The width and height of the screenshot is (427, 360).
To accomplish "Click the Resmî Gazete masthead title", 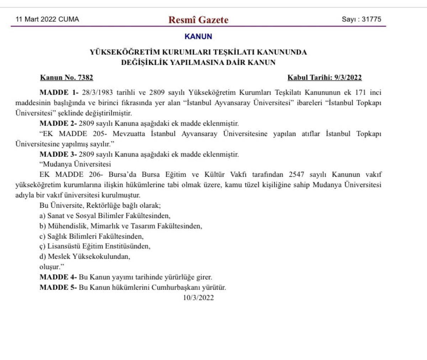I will (198, 20).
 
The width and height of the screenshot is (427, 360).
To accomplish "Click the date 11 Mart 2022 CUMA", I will (47, 19).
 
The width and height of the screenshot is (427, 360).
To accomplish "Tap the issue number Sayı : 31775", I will (361, 19).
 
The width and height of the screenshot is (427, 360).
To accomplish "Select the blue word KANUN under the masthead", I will (198, 36).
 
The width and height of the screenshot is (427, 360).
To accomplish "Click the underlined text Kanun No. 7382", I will (67, 78).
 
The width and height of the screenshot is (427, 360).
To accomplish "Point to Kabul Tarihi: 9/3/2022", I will (325, 78).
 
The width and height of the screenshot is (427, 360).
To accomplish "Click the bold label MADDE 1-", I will (59, 92).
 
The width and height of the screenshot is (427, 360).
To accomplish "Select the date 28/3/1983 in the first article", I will (97, 92).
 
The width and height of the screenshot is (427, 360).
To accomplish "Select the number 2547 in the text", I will (296, 175).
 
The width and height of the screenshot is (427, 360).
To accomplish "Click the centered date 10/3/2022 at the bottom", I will (198, 298).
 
